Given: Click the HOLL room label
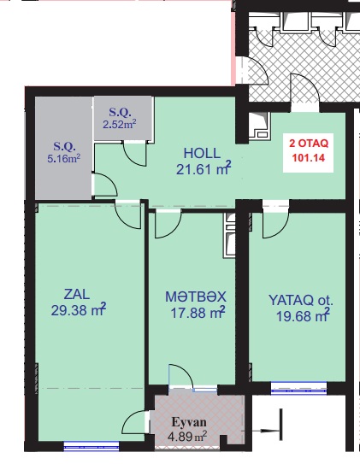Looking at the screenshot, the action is coord(202,153).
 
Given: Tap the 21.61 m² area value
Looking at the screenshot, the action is coord(204,169).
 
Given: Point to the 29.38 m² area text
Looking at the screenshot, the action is coord(79,310).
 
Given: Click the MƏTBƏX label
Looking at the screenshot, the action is coord(196,297).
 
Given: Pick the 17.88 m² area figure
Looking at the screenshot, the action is coord(198,313).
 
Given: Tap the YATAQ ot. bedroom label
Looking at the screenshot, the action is coord(301,300).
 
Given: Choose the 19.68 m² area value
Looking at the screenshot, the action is coord(303,316).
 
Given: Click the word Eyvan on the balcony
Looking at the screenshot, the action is coord(189,422).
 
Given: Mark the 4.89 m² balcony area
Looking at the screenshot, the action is coord(186,436).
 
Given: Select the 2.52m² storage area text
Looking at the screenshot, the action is coord(120,124).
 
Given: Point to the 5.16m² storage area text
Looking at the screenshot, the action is coord(64,158).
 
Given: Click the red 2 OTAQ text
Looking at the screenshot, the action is coord(309,144).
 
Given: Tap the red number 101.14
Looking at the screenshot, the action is coord(309,157).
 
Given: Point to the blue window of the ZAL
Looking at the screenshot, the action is coord(91,446).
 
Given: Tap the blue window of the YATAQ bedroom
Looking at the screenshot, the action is coord(298,388).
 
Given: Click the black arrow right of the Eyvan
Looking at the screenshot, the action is coord(271,432).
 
